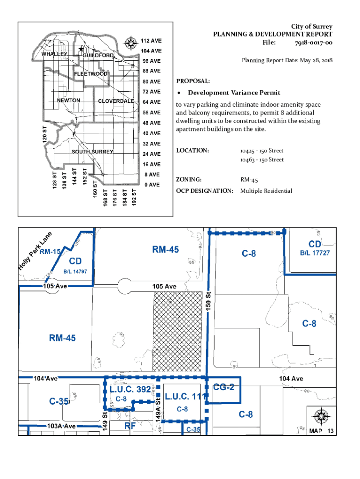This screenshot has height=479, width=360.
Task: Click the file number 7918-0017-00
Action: [313, 43]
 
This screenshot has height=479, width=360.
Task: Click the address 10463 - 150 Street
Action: [262, 160]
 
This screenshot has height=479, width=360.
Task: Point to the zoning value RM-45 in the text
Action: [249, 180]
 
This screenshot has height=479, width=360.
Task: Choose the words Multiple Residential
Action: [266, 191]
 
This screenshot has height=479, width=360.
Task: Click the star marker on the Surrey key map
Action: [81, 49]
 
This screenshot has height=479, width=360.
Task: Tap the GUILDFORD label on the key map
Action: [98, 56]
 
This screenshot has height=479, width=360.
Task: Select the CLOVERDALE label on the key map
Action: [116, 101]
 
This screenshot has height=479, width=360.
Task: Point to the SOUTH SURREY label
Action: [93, 152]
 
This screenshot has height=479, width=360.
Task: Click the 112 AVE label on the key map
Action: [151, 41]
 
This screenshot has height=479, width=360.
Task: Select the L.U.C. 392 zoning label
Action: [130, 389]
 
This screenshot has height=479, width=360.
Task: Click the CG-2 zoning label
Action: [223, 387]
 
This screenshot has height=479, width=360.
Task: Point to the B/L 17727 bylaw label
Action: [315, 253]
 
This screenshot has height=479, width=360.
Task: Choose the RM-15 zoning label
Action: [50, 252]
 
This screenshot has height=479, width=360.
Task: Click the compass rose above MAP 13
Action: [321, 416]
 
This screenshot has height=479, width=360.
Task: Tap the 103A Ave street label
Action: [61, 426]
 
